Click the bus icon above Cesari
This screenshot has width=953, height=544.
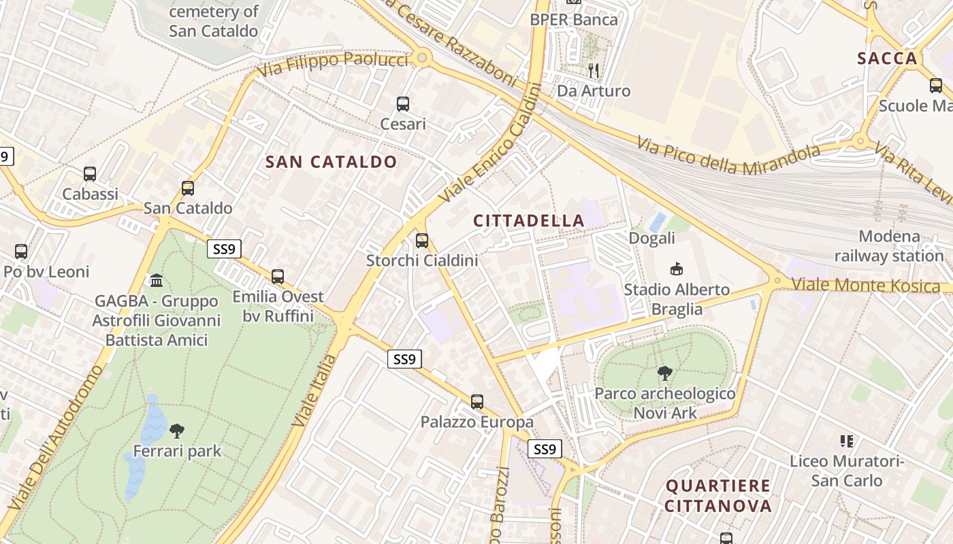tap(403, 104)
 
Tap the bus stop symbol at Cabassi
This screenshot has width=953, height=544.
tap(90, 174)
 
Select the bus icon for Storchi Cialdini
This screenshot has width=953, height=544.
tap(422, 240)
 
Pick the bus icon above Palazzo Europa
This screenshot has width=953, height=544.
tap(477, 402)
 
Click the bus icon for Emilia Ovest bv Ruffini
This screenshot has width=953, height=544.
tap(278, 277)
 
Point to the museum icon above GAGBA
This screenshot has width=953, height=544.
tap(157, 280)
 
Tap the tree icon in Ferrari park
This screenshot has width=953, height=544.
tap(177, 430)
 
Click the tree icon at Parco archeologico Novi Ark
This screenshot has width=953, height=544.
tap(665, 373)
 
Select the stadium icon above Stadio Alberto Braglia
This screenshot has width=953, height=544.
tap(677, 269)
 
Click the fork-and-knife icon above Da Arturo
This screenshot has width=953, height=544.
tap(594, 70)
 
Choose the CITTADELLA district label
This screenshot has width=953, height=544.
tap(529, 221)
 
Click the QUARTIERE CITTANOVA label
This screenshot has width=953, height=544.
tap(718, 496)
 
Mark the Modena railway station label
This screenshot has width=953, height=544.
tap(889, 246)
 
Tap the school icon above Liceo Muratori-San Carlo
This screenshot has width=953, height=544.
tap(847, 441)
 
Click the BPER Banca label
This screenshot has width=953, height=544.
tap(574, 20)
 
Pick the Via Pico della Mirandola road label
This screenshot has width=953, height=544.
tap(728, 155)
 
